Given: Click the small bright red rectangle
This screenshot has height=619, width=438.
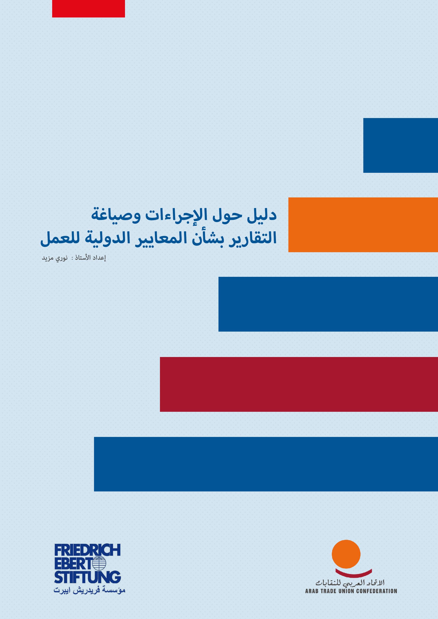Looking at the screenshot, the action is [x=88, y=9].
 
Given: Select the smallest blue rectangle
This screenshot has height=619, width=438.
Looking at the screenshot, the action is [x=401, y=145].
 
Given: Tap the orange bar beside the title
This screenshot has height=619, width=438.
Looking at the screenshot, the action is [x=363, y=225].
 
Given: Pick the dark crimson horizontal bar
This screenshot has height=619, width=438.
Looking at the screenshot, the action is [x=299, y=384].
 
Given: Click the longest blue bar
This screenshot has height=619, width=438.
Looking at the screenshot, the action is [x=266, y=464].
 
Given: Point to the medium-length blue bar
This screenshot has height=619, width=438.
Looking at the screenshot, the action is [x=328, y=304].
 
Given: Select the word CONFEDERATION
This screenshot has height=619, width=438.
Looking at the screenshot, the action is [x=376, y=591].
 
